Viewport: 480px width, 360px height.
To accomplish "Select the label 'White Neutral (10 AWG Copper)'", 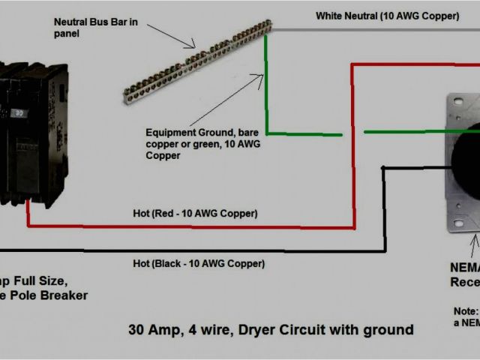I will (387, 16).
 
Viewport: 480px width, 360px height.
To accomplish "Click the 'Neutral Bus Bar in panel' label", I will (95, 28).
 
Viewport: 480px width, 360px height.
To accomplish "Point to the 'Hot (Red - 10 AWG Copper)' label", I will (196, 214).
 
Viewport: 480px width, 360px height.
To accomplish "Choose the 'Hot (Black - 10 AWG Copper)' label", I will (199, 243).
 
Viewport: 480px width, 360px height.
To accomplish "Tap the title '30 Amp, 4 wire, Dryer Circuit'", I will (270, 329).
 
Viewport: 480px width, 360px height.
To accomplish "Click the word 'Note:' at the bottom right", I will (465, 310).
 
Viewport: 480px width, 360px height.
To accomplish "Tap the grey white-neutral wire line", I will (375, 31).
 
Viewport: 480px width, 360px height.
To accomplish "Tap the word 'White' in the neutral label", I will (331, 16).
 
